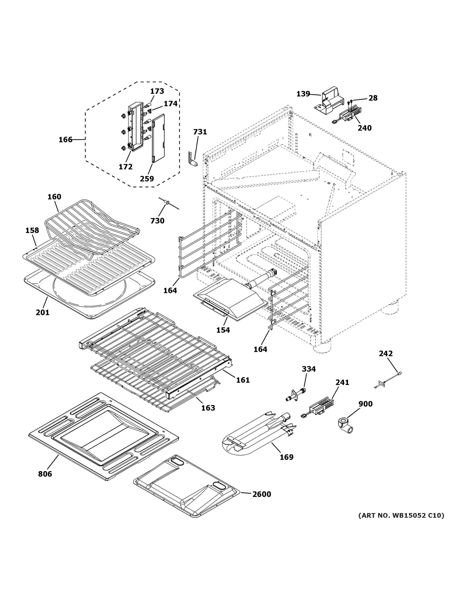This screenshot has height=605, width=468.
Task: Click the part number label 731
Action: [x=200, y=132]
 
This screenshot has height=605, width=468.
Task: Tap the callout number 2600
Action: [x=262, y=494]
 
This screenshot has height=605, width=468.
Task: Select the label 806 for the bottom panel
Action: [x=45, y=474]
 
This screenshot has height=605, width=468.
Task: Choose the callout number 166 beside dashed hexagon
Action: [x=65, y=140]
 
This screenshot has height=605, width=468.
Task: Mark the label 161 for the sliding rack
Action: [x=243, y=380]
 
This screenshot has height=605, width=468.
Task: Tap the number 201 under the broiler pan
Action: [x=42, y=312]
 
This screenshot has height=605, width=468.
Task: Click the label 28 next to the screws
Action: [x=373, y=98]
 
